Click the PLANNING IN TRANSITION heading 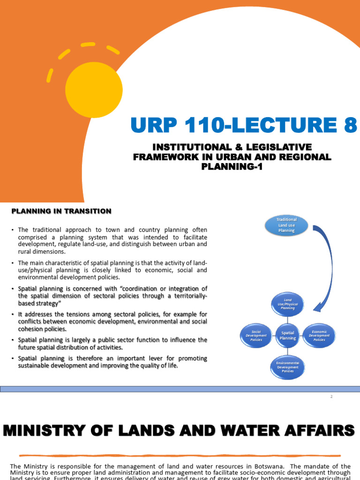pyautogui.click(x=61, y=211)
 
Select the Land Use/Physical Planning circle pyautogui.click(x=288, y=304)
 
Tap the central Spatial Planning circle pyautogui.click(x=288, y=335)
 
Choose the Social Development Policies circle pyautogui.click(x=256, y=335)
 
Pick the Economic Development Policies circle pyautogui.click(x=319, y=335)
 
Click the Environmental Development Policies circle pyautogui.click(x=288, y=367)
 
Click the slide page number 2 pyautogui.click(x=331, y=397)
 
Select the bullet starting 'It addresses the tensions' pyautogui.click(x=112, y=322)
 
